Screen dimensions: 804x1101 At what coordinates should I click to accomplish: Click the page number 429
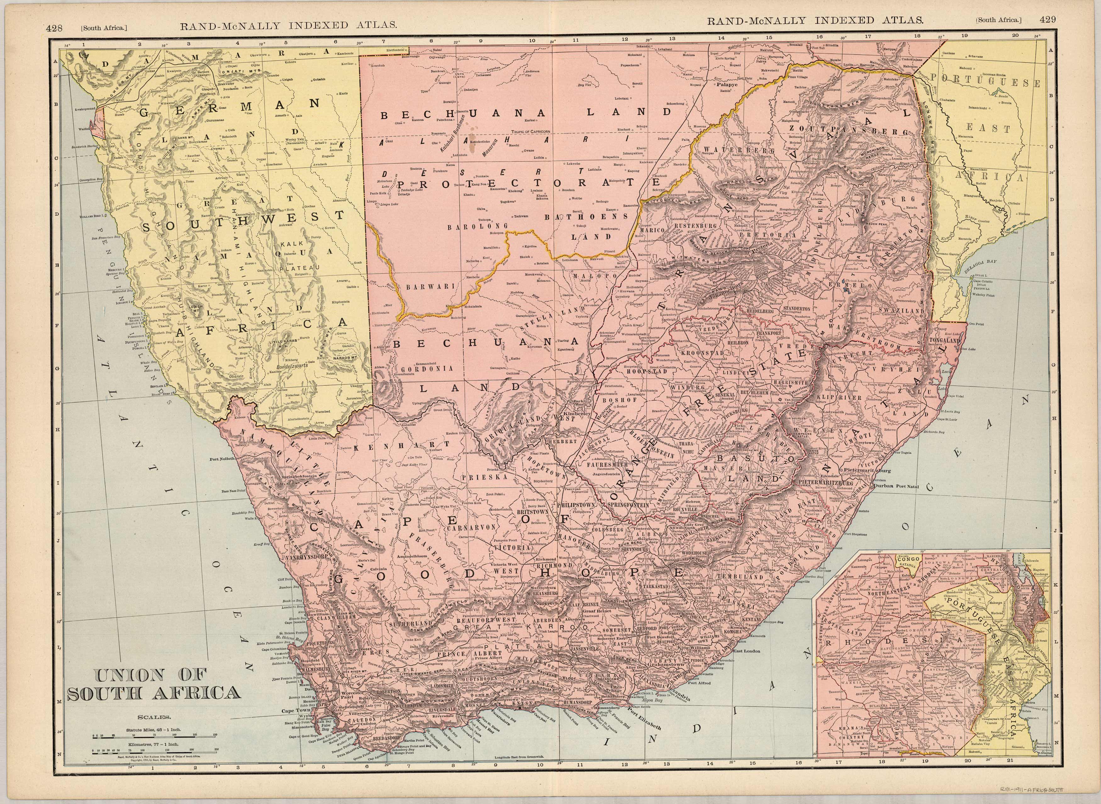(1047, 19)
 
